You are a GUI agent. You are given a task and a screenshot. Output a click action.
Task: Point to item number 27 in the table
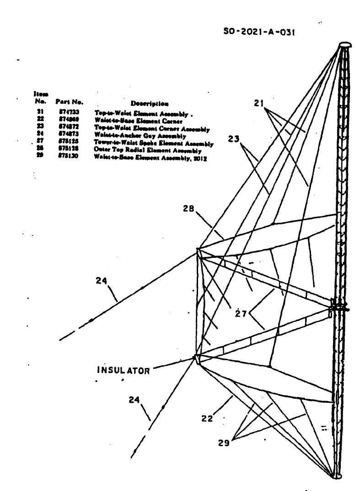click(x=40, y=143)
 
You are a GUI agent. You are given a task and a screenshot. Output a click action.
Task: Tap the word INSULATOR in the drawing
click(x=122, y=371)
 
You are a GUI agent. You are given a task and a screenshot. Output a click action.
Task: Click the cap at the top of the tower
click(x=345, y=45)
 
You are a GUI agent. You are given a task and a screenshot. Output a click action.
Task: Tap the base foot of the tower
click(x=338, y=476)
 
